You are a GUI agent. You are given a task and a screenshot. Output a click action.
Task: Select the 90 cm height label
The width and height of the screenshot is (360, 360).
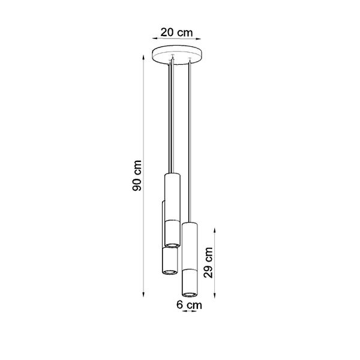tap(137, 176)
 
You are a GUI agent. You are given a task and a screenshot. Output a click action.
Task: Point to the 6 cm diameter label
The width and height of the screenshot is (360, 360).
tap(190, 305)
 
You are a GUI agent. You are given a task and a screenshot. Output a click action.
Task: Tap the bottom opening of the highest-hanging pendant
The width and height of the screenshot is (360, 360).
tap(172, 244)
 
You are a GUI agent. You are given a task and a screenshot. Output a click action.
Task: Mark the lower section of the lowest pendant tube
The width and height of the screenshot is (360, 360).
tap(190, 282)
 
